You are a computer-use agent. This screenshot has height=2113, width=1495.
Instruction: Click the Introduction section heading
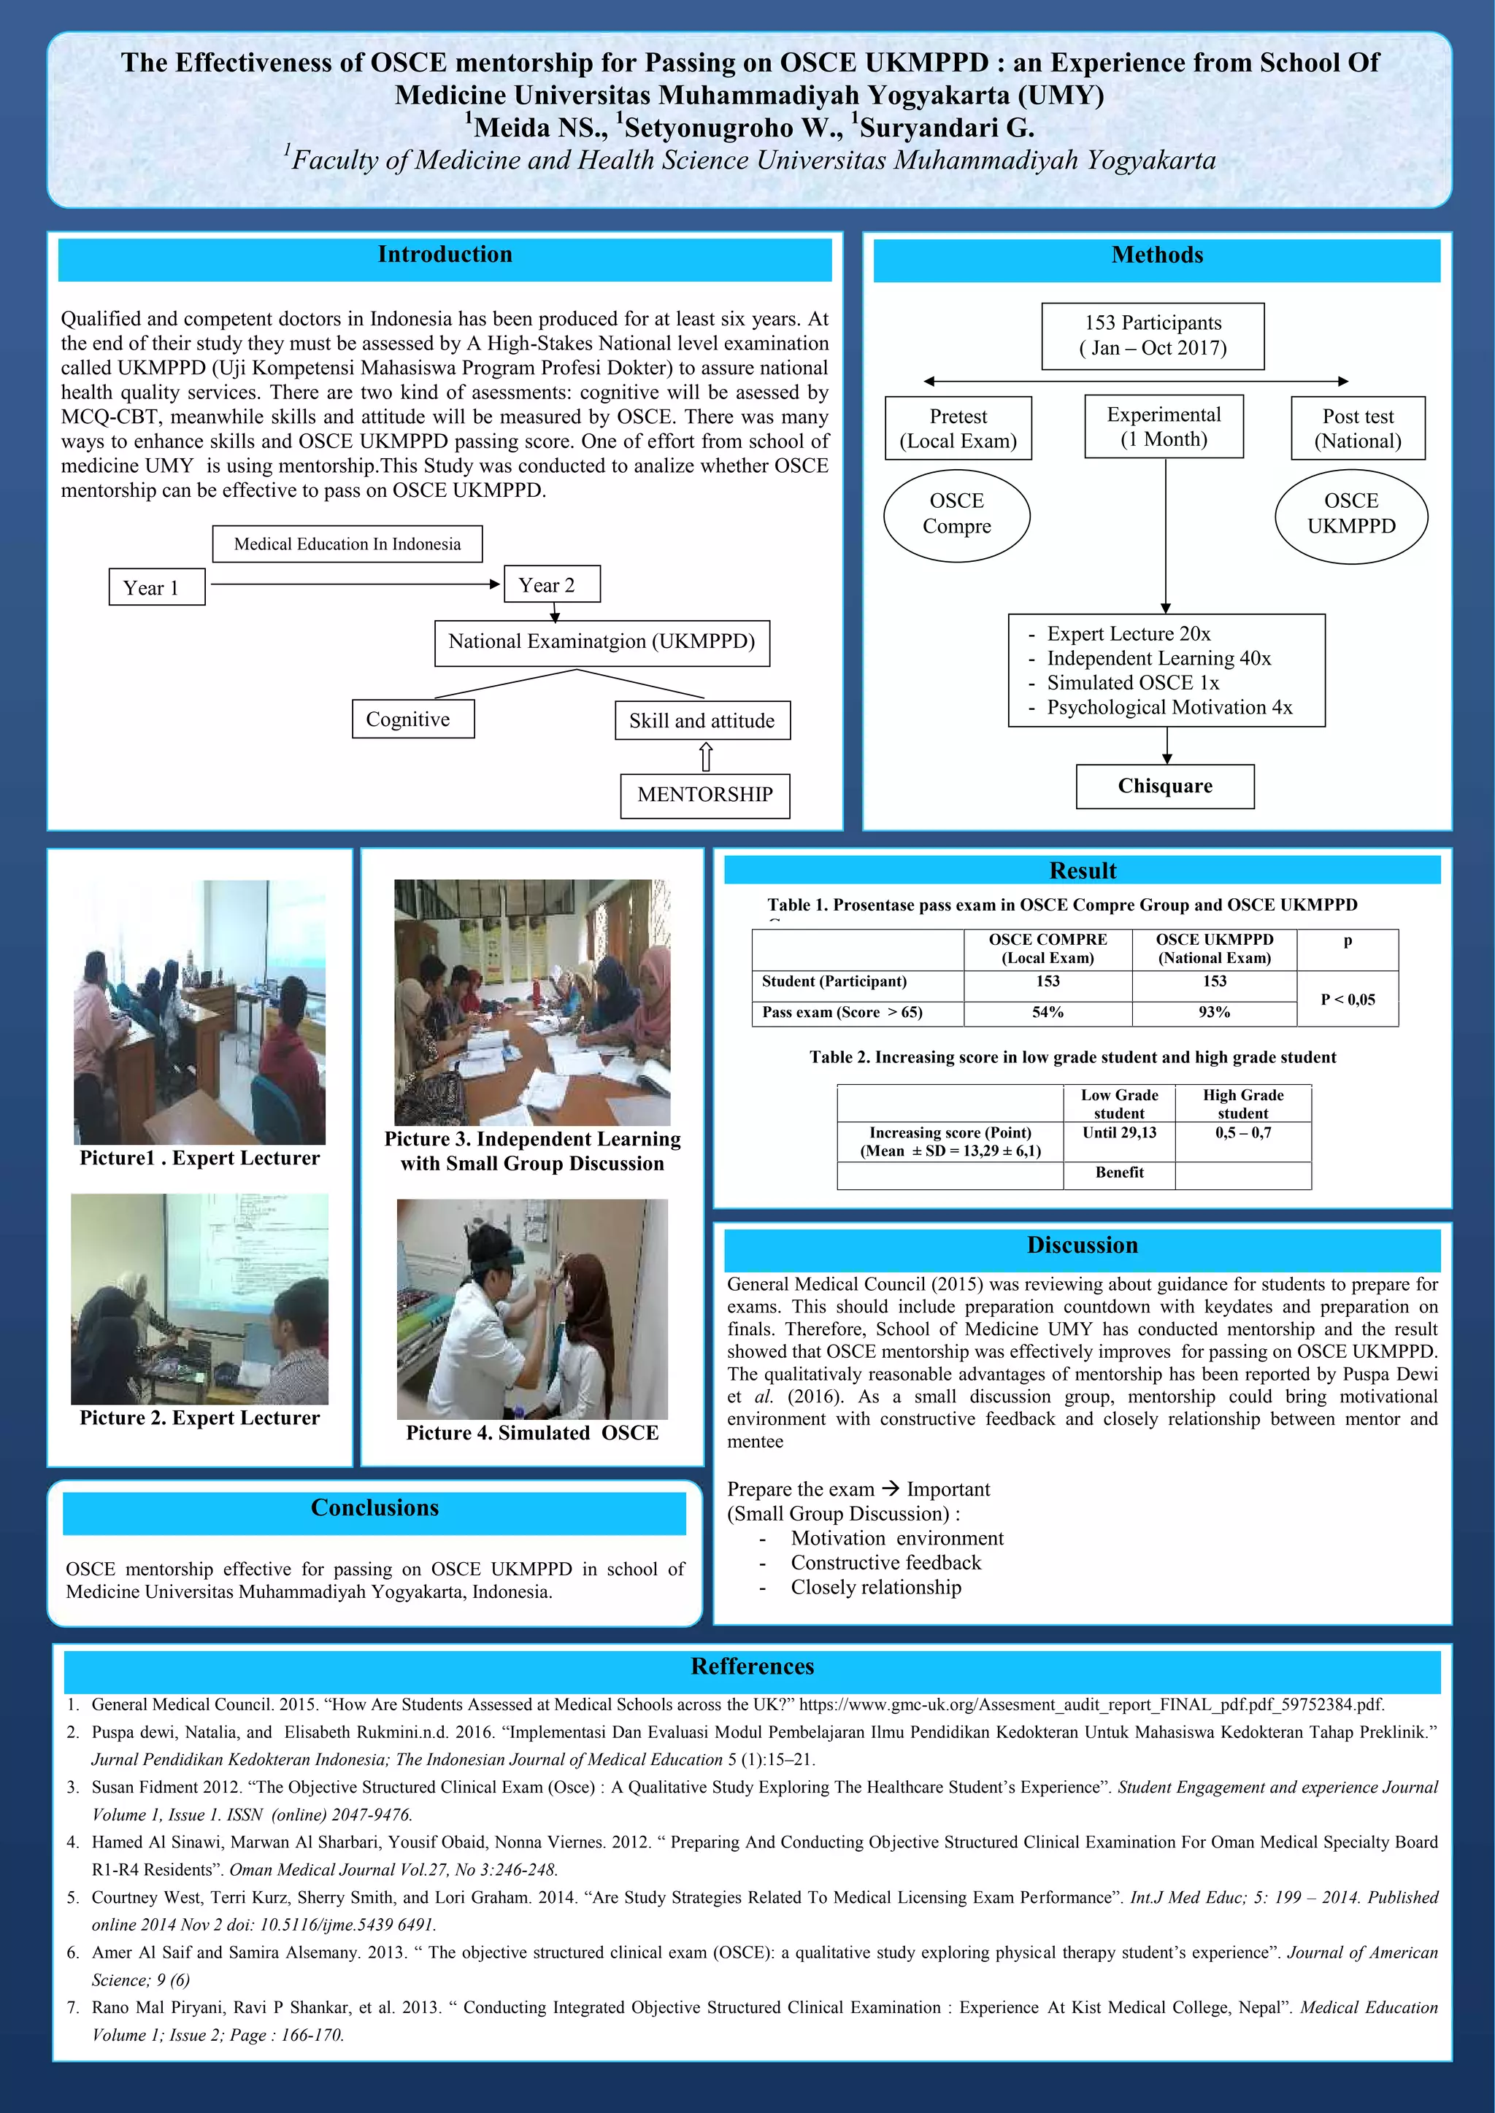445,255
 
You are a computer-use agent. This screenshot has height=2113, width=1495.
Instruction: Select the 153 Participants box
1153,336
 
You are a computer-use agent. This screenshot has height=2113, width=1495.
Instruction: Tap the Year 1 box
156,587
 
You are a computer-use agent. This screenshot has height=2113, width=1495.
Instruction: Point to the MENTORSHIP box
704,795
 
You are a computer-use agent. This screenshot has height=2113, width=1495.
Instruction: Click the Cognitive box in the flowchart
412,719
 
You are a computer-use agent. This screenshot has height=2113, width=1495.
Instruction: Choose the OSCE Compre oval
956,514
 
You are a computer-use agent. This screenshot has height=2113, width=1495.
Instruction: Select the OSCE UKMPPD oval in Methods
1350,514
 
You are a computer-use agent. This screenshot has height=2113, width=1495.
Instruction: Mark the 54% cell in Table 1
1048,1012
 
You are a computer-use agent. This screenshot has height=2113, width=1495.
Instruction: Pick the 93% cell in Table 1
1214,1012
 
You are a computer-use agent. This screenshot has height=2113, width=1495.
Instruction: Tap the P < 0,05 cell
1348,1000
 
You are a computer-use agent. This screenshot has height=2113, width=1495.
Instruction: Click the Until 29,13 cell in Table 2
1119,1133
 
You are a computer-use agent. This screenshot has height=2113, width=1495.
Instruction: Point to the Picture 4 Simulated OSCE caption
532,1433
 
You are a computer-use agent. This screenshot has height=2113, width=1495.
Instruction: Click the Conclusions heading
374,1508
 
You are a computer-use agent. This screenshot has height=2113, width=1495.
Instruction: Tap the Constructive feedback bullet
885,1563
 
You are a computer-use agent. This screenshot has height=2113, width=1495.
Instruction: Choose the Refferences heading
752,1666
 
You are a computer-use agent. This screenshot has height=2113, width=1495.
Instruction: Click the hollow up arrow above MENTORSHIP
706,757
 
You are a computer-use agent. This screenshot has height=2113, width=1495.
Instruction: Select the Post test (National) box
1357,429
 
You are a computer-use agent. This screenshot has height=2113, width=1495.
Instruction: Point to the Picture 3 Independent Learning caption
532,1151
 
